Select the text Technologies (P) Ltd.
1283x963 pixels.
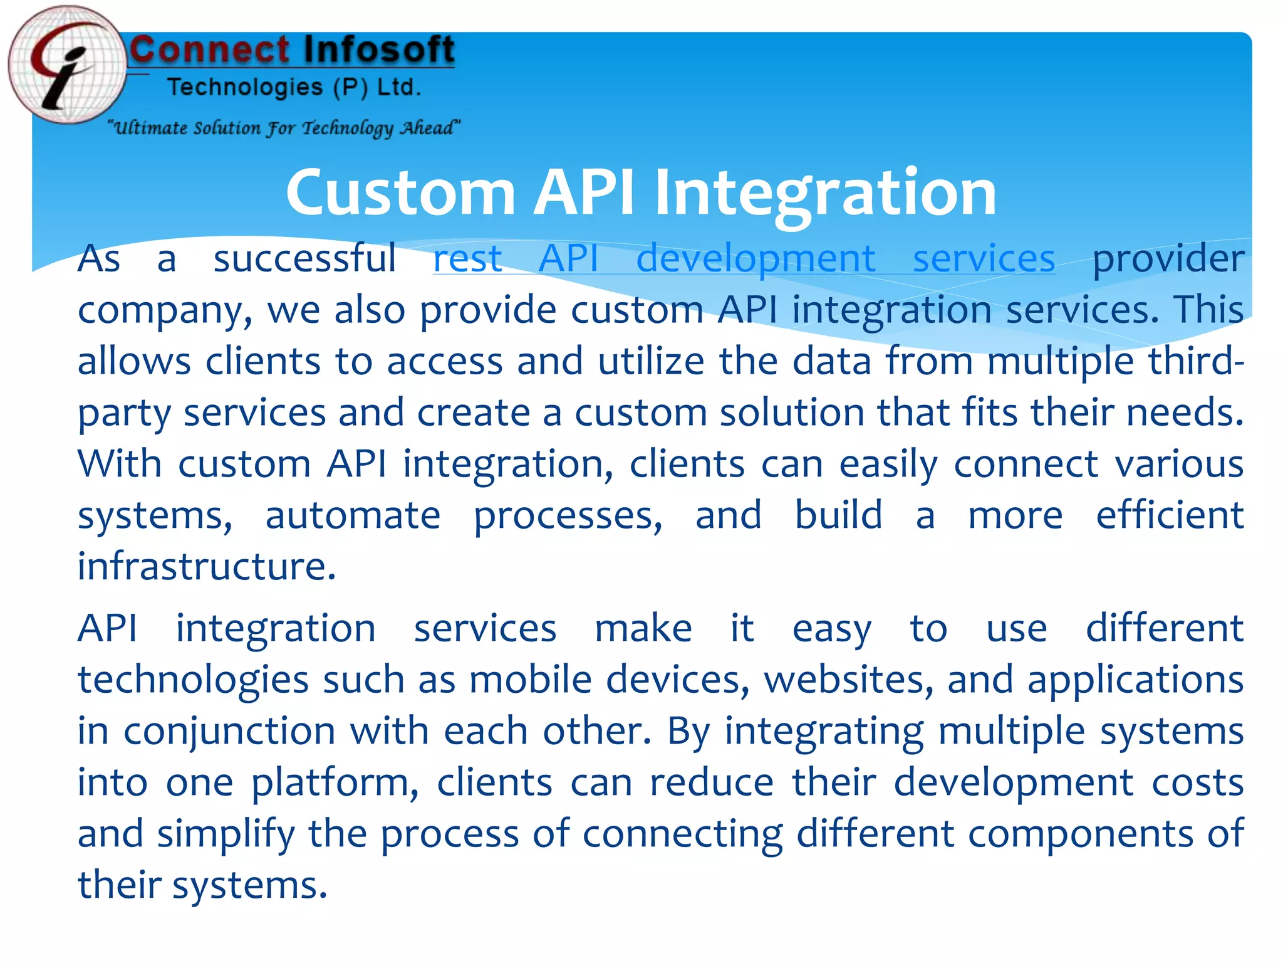pyautogui.click(x=294, y=87)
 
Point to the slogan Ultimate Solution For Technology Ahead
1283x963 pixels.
pyautogui.click(x=284, y=128)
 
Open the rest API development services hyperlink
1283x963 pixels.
pyautogui.click(x=744, y=258)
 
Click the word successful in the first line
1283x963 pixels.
pyautogui.click(x=304, y=258)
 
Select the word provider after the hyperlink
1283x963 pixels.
pyautogui.click(x=1168, y=258)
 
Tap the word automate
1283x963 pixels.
pyautogui.click(x=353, y=515)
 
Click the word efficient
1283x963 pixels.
pyautogui.click(x=1169, y=515)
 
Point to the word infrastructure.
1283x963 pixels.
pyautogui.click(x=206, y=567)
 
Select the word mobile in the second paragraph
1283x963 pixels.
pyautogui.click(x=530, y=680)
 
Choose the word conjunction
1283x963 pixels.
pyautogui.click(x=229, y=731)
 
